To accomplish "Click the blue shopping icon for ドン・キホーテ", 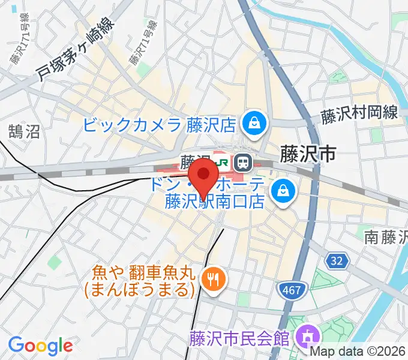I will coord(280,193).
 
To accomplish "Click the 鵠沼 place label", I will coord(24,131).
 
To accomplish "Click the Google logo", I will coord(40,346).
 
